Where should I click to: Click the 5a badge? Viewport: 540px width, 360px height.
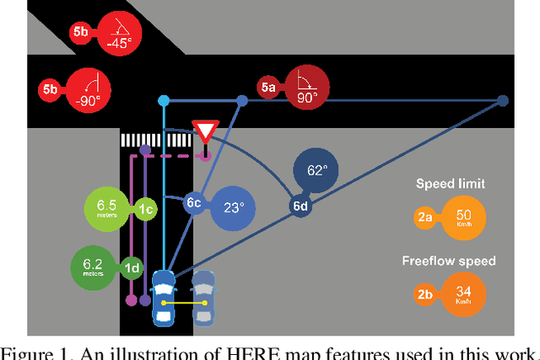[x=268, y=86]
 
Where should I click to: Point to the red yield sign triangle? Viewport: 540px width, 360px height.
[x=205, y=132]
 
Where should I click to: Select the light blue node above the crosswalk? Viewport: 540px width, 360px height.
[x=164, y=101]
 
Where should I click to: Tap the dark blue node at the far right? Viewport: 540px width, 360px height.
[x=503, y=101]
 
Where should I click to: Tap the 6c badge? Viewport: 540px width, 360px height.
[x=194, y=203]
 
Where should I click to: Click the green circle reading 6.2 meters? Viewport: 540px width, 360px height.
[x=95, y=268]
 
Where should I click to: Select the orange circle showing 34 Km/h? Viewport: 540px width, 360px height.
[x=463, y=292]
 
